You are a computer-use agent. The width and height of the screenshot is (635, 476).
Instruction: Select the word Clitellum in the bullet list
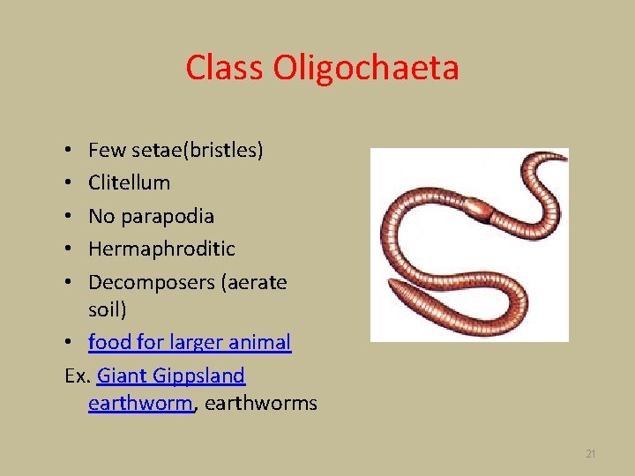click(129, 182)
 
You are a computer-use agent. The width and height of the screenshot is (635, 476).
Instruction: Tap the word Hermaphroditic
click(161, 249)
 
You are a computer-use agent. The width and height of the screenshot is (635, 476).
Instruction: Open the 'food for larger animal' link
click(189, 342)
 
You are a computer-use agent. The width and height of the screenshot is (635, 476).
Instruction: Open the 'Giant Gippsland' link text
click(170, 376)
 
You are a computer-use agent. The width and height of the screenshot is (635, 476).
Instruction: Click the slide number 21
click(591, 454)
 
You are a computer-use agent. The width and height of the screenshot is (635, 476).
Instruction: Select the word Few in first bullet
click(105, 150)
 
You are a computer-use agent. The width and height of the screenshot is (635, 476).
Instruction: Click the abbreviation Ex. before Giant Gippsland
click(78, 376)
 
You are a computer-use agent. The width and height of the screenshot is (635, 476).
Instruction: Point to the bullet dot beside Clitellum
click(69, 183)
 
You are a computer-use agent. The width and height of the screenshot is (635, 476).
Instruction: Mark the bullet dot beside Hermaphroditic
click(69, 249)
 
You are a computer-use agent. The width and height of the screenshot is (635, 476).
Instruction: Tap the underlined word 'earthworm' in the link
click(139, 404)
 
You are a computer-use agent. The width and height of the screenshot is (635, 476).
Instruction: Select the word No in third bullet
click(101, 216)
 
